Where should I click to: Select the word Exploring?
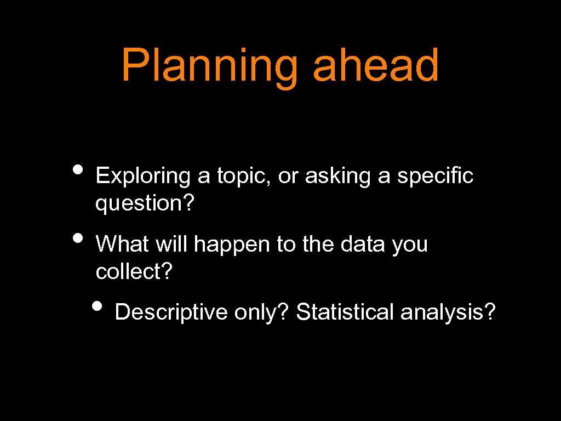142,177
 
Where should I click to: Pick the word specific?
435,177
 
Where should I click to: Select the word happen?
232,244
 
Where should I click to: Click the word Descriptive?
171,312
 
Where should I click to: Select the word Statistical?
345,312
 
